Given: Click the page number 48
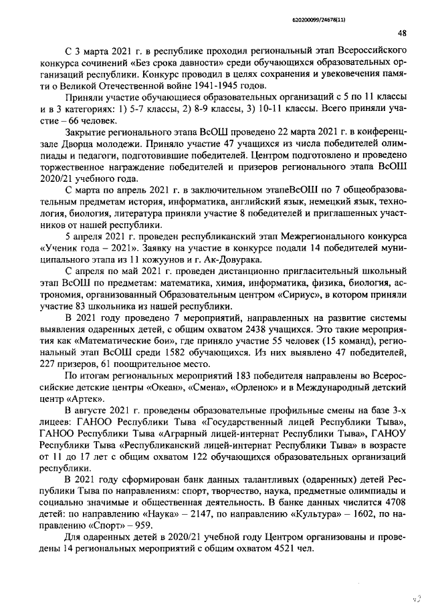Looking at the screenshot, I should click(x=401, y=33).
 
